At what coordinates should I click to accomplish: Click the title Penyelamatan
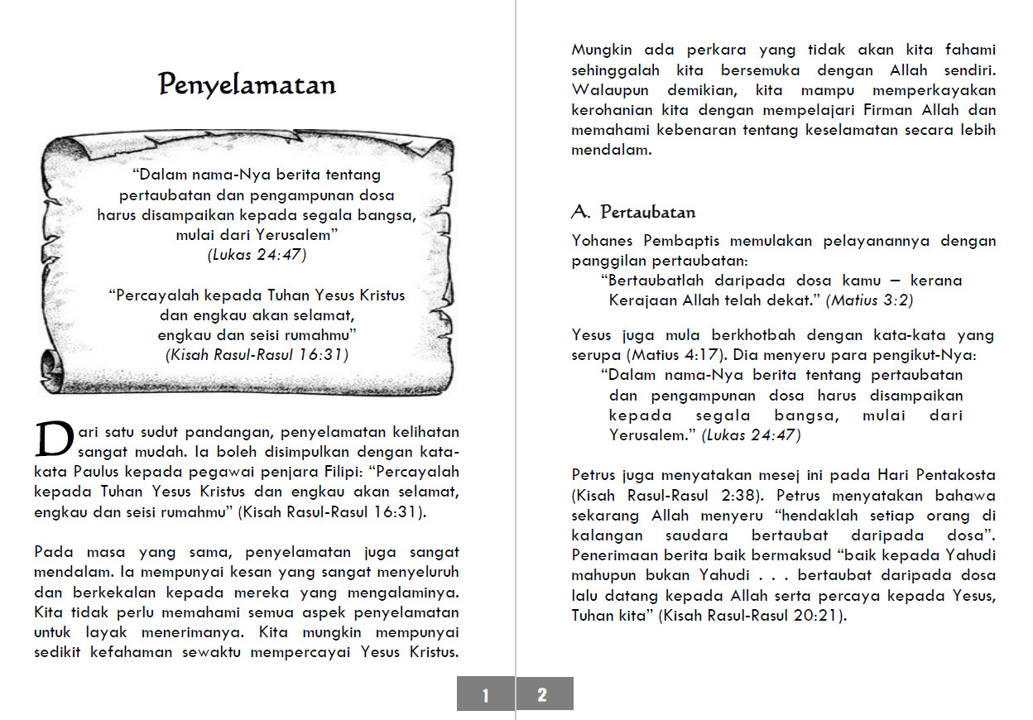[x=247, y=85]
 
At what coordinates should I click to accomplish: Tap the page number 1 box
[x=486, y=694]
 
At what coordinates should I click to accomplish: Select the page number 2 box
[x=543, y=694]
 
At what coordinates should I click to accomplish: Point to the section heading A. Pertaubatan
[x=633, y=212]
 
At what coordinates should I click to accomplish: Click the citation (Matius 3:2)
[x=869, y=300]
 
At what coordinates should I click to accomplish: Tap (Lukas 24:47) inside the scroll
[x=257, y=255]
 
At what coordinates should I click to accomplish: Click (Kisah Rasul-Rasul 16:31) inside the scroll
[x=257, y=355]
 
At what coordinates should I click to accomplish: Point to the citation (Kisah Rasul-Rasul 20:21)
[x=753, y=616]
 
